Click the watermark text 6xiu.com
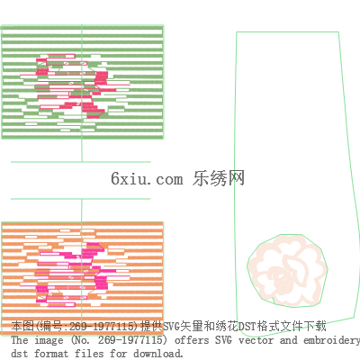click(147, 179)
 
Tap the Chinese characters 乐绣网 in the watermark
click(219, 178)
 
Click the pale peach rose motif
click(287, 271)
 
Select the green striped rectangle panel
click(83, 82)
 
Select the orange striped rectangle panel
click(83, 279)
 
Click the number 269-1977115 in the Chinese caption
click(102, 326)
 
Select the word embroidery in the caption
click(331, 341)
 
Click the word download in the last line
click(157, 354)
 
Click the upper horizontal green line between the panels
click(81, 162)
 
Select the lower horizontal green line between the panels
click(81, 199)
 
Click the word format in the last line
click(51, 354)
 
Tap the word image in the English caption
click(49, 341)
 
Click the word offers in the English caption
click(192, 340)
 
